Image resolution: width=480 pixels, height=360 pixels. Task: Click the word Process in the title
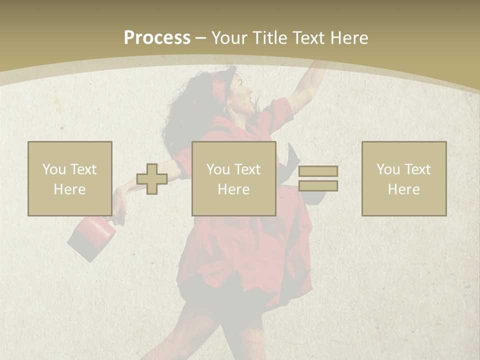[x=157, y=38]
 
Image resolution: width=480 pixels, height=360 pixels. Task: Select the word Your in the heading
[x=231, y=38]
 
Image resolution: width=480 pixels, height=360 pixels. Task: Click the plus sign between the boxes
[x=152, y=179]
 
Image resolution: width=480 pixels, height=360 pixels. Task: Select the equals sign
[x=318, y=178]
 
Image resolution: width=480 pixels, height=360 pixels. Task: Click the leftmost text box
[x=70, y=178]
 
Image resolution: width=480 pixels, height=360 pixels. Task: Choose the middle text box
[x=234, y=178]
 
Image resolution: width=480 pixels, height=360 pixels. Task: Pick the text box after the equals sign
[x=404, y=178]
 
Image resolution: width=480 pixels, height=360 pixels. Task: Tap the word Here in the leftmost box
[x=69, y=189]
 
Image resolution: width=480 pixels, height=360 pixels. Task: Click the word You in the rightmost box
[x=388, y=169]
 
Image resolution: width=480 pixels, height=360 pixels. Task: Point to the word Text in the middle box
[x=247, y=169]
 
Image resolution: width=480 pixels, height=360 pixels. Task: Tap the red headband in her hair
[x=218, y=82]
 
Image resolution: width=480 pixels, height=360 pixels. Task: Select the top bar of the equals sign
[x=318, y=171]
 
